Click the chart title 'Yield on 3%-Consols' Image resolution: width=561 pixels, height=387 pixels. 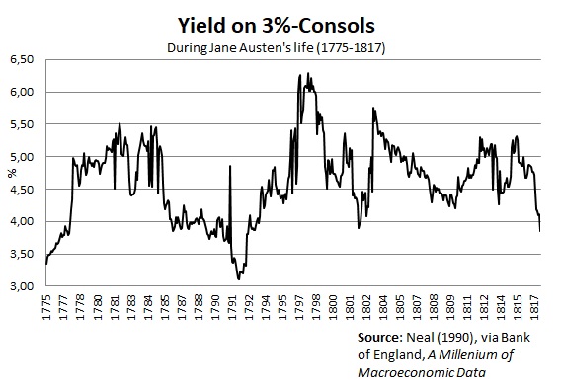(280, 22)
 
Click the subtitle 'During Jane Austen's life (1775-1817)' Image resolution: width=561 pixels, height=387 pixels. (280, 44)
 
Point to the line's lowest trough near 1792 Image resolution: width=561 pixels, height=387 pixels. (239, 279)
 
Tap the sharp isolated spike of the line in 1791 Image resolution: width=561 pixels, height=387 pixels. (230, 166)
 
